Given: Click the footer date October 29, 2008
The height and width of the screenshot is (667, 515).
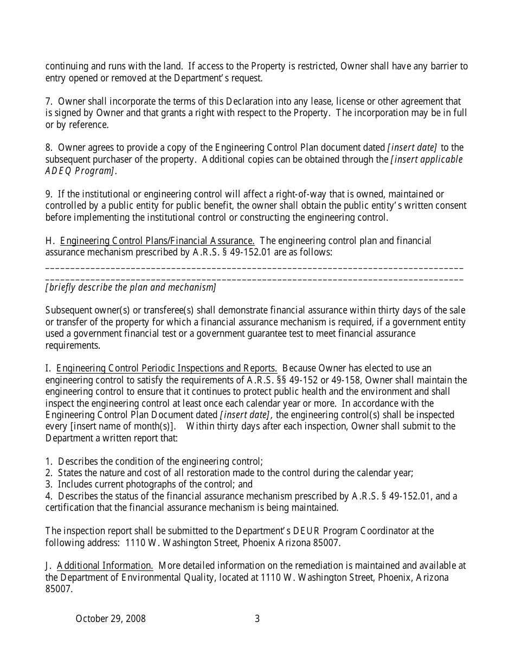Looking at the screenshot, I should [111, 619].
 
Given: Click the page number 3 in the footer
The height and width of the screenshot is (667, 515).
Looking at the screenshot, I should [257, 619].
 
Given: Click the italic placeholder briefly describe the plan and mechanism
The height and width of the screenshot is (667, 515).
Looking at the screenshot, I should [131, 287].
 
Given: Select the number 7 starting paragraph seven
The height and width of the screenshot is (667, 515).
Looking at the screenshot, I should [48, 101].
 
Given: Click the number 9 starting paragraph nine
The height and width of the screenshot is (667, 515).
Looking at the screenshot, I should [48, 194].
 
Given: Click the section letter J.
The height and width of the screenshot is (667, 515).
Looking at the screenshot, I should [47, 566].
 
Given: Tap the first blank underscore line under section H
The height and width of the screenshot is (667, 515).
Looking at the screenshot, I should [254, 268].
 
